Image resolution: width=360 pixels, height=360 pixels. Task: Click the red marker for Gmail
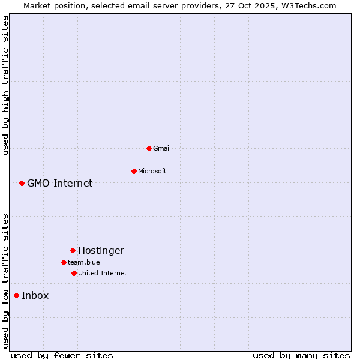[149, 148]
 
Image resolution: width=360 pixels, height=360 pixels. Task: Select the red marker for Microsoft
[134, 171]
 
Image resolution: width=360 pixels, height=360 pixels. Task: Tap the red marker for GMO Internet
[22, 183]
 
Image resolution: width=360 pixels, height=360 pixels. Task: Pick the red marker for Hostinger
[73, 250]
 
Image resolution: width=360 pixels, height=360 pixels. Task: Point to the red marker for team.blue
[64, 262]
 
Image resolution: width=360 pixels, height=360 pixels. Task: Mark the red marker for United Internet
[74, 273]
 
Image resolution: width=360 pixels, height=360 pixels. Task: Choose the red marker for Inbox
[16, 295]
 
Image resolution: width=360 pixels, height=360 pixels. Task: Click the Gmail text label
[162, 148]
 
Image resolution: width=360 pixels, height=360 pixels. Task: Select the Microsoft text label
[152, 171]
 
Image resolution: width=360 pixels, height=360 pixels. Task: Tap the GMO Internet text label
[60, 183]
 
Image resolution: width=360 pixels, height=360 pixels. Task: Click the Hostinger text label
[101, 250]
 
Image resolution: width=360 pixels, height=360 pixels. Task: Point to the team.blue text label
[84, 262]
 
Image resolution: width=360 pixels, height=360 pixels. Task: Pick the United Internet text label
[103, 273]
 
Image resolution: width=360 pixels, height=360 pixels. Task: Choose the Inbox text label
[35, 295]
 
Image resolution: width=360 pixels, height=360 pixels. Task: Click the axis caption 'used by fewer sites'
[62, 355]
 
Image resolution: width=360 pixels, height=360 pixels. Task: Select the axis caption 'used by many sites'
[301, 355]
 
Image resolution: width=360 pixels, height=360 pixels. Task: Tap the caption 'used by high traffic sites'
[5, 86]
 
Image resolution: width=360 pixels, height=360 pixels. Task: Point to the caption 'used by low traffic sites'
[5, 281]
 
